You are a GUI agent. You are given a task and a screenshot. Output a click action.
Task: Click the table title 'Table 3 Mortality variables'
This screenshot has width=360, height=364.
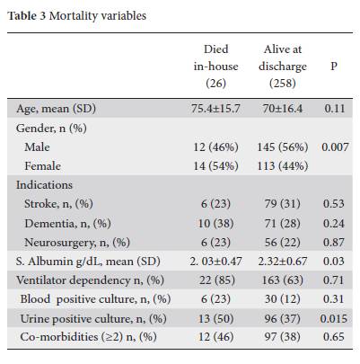coord(77,16)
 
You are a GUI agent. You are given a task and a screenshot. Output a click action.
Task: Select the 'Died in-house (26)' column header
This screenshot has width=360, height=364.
coord(215,66)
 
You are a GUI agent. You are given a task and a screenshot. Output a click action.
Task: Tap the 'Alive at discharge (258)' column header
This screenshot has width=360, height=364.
coord(283,66)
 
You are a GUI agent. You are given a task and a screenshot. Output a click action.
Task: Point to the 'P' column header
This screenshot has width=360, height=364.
coord(334,66)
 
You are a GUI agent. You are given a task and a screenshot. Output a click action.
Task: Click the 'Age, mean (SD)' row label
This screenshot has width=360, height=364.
coord(56,109)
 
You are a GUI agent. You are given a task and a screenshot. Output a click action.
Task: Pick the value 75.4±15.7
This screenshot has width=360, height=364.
coord(215,108)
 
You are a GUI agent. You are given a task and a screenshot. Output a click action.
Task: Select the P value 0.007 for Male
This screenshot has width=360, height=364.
coord(335,146)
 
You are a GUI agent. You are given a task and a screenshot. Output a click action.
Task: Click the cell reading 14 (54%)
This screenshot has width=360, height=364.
coord(215,165)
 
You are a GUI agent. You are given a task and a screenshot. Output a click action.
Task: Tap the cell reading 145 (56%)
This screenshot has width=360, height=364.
coord(283,146)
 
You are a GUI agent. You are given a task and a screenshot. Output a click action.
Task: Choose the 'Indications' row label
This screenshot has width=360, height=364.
coord(44,185)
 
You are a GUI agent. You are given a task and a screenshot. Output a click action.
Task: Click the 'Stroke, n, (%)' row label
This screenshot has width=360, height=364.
coord(58,204)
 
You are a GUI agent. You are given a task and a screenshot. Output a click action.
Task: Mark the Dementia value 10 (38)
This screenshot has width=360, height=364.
coord(215,223)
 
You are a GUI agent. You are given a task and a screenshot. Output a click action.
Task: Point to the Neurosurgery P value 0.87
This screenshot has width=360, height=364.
coord(334,242)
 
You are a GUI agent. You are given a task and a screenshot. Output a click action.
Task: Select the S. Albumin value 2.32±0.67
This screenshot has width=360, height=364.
coord(283,262)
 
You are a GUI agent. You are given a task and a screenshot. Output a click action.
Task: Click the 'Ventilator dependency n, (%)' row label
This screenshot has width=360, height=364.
coord(90,280)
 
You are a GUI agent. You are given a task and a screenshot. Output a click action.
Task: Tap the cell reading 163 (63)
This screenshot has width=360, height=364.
coord(283,280)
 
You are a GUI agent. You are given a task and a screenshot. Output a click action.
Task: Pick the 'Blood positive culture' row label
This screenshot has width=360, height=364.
coord(95,299)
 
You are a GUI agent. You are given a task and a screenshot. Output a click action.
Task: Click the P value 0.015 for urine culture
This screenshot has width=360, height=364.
coord(334,318)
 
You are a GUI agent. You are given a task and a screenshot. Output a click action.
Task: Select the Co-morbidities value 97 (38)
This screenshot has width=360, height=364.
coord(283,337)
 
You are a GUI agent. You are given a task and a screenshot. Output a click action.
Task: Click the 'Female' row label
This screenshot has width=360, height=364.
coord(43,165)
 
